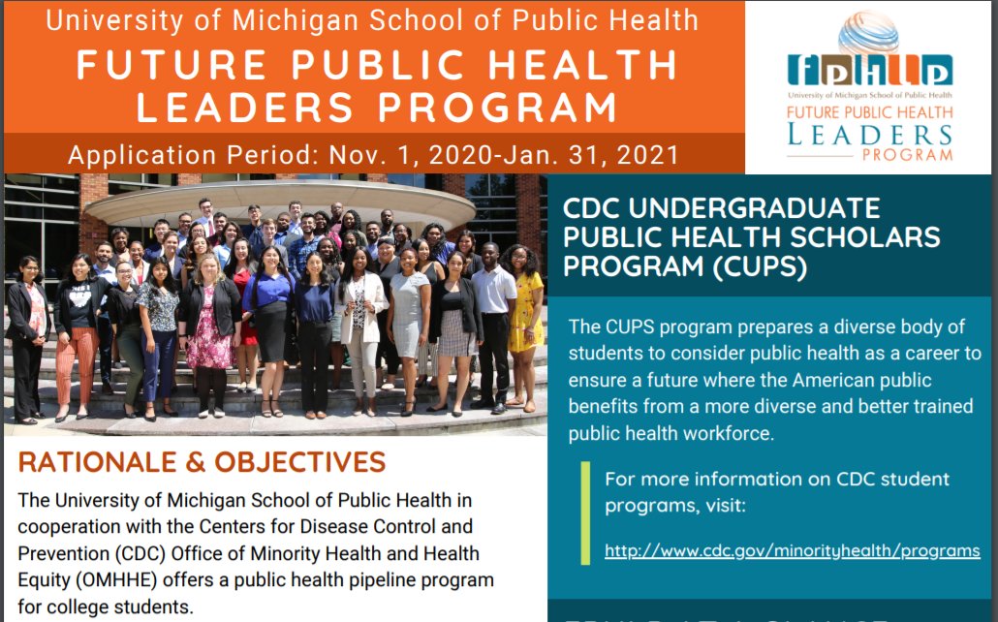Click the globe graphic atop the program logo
pyautogui.click(x=868, y=33)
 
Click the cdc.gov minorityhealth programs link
pyautogui.click(x=792, y=550)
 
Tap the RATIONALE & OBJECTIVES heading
pyautogui.click(x=202, y=462)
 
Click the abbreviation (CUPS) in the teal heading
pyautogui.click(x=754, y=266)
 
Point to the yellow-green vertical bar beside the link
pyautogui.click(x=585, y=513)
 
